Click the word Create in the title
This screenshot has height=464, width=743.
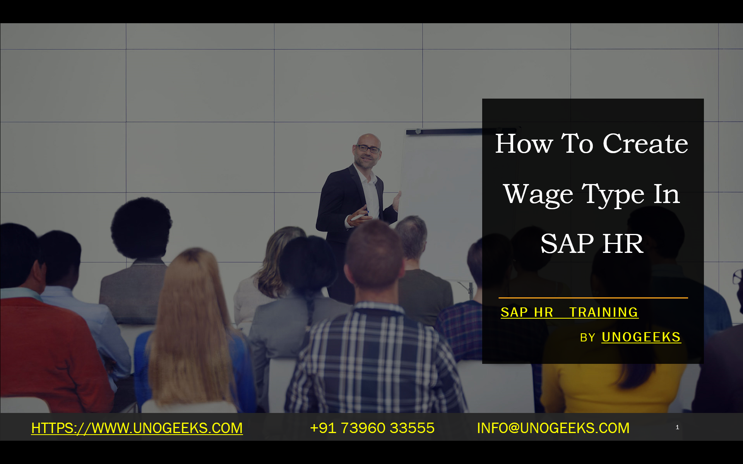(x=645, y=144)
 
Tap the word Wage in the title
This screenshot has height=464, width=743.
(x=538, y=194)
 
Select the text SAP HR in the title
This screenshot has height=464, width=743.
(x=592, y=244)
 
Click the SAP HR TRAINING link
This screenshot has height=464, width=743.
(x=569, y=312)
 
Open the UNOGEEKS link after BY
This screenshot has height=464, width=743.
(x=641, y=337)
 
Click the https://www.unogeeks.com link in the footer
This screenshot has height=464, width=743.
(x=137, y=428)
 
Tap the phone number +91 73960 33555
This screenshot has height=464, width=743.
(x=372, y=428)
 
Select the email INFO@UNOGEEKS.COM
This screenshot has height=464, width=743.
(x=553, y=428)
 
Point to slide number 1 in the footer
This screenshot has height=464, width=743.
(x=677, y=427)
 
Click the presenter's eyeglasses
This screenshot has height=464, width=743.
(x=368, y=148)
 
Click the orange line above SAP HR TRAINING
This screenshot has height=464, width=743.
(x=593, y=298)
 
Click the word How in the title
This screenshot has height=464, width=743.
(x=524, y=144)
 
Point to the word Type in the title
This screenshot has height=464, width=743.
(x=613, y=194)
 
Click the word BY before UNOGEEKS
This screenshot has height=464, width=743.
(x=587, y=338)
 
